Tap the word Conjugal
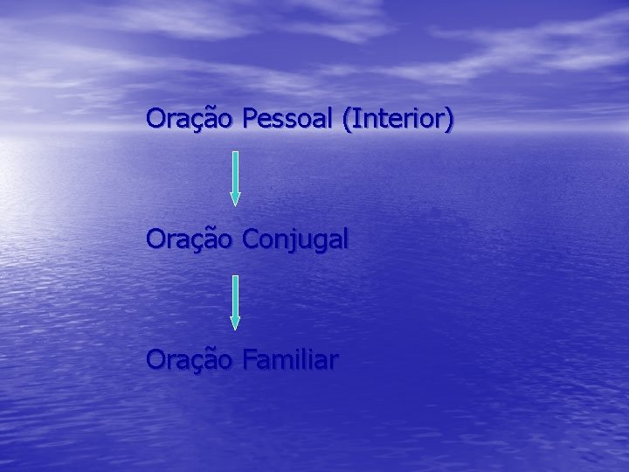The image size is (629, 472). click(295, 239)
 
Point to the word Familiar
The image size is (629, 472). click(291, 359)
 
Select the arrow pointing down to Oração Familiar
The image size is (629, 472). click(235, 301)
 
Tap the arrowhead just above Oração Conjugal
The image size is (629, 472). click(235, 198)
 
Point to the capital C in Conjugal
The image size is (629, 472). click(250, 239)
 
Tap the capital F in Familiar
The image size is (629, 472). click(249, 359)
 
